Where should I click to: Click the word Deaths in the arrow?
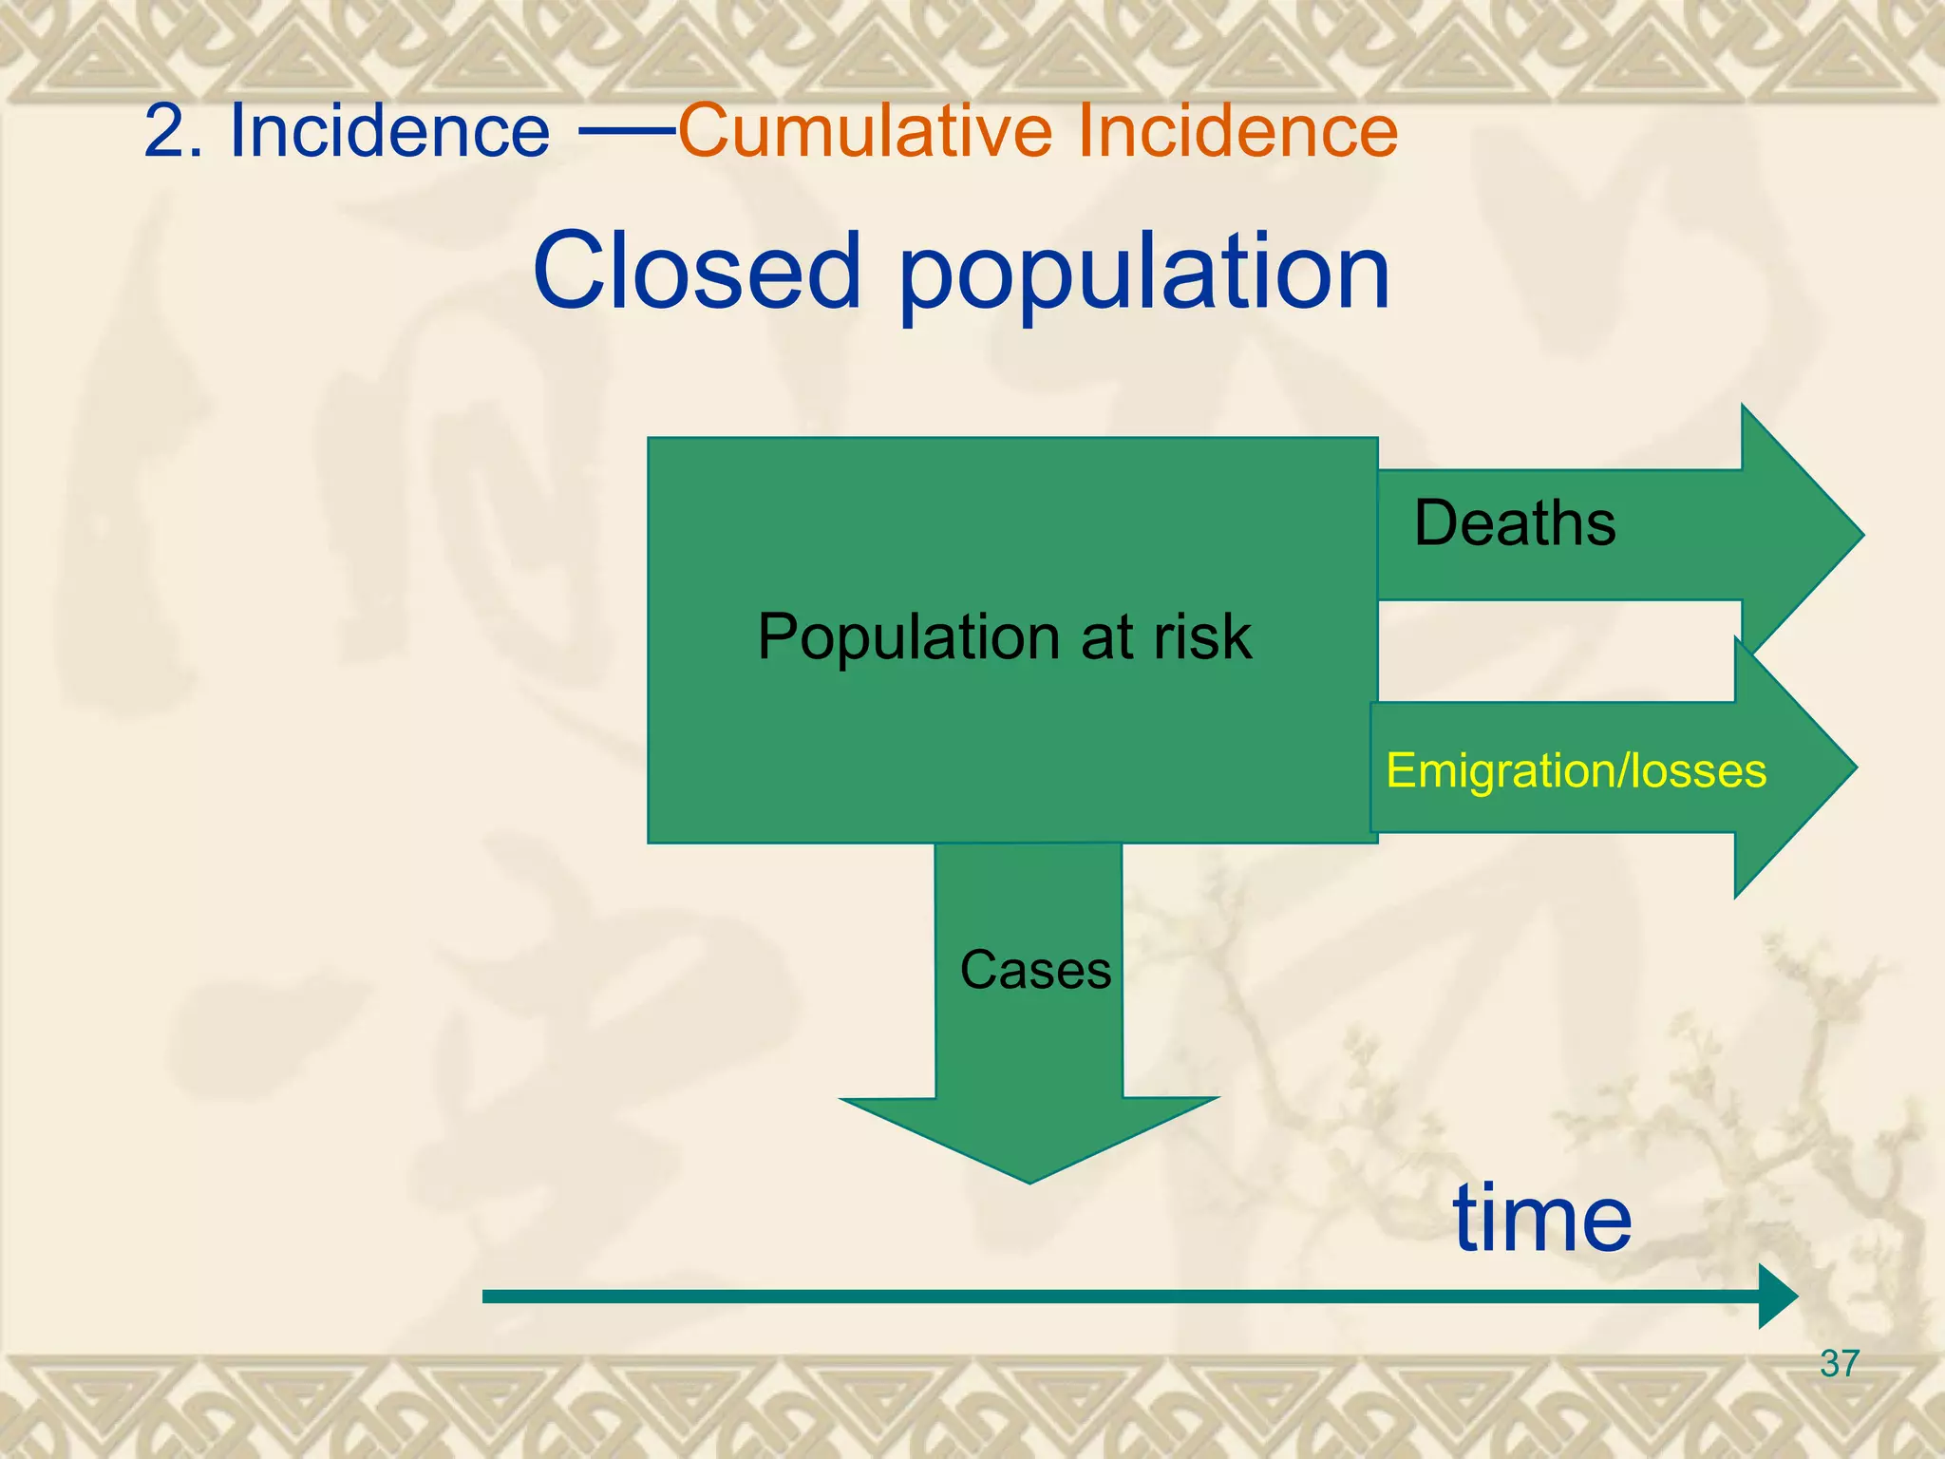click(1514, 523)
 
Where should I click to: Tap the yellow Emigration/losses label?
click(1576, 769)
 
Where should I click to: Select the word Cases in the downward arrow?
click(1035, 970)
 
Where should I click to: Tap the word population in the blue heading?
click(1143, 275)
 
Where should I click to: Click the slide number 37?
click(1839, 1364)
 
